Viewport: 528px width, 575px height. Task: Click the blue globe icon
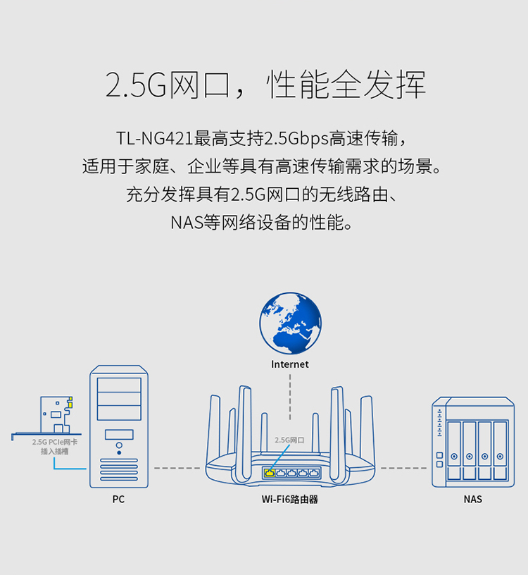pos(290,323)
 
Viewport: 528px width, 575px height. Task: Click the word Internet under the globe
pos(290,364)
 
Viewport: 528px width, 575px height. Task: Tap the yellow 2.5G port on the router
pos(270,473)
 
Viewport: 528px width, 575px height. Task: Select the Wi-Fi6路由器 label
pos(290,499)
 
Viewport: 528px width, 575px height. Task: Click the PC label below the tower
pos(118,499)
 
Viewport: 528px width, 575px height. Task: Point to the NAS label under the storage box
pos(472,499)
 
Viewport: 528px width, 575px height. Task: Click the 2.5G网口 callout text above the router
pos(289,440)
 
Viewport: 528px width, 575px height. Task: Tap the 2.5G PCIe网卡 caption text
pos(55,442)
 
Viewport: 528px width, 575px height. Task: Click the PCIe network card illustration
pos(55,416)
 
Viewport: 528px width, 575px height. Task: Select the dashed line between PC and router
pos(177,468)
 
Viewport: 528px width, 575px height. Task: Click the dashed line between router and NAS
pos(403,468)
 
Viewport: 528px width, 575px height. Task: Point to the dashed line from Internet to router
pos(290,397)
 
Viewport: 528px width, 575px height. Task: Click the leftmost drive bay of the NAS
pos(454,450)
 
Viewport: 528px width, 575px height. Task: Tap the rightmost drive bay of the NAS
pos(500,450)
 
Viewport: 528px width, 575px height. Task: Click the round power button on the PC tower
pos(119,445)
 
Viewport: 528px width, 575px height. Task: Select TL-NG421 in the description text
pos(155,138)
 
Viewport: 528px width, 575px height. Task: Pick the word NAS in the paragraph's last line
pos(187,223)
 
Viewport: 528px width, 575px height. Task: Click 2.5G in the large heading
pos(137,85)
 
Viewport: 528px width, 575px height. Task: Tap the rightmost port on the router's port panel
pos(314,473)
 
